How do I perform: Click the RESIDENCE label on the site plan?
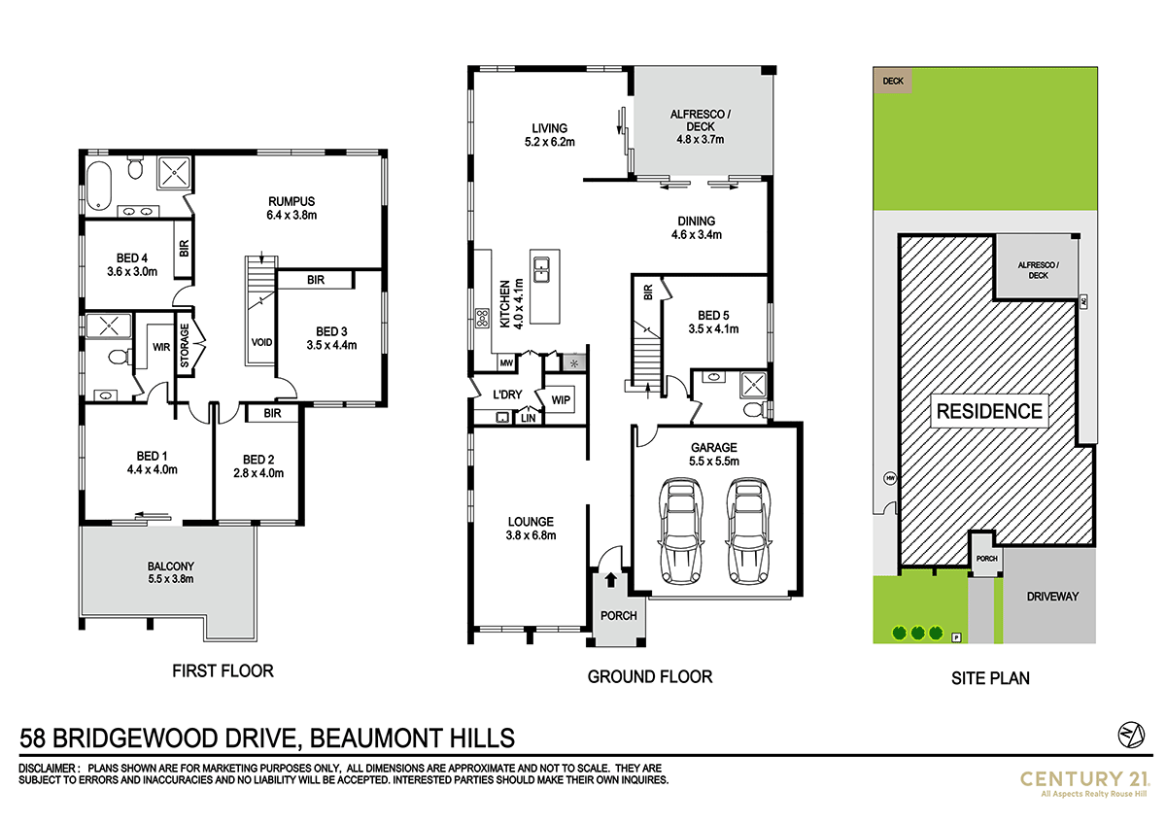pos(988,411)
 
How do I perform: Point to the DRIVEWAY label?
pos(1052,597)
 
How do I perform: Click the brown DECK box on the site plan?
pos(893,82)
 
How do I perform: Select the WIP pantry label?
pos(560,399)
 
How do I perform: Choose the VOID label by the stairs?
pos(261,342)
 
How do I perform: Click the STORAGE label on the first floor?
pos(185,346)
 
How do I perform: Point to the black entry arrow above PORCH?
pos(610,581)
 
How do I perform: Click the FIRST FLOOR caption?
pos(223,670)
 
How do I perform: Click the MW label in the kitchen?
pos(506,364)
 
